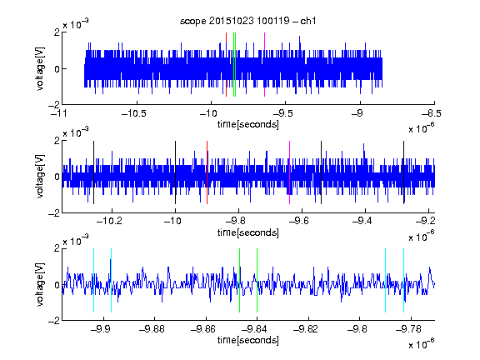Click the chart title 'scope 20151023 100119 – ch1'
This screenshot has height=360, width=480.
tap(247, 21)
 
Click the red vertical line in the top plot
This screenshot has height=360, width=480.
tap(226, 65)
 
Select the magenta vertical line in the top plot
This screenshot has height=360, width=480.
tap(264, 65)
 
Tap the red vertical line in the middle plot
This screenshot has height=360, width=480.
tap(207, 172)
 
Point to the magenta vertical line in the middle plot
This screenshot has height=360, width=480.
tap(290, 172)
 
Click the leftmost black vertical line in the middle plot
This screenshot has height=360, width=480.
tap(93, 172)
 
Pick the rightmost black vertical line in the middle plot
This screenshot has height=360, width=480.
tap(404, 172)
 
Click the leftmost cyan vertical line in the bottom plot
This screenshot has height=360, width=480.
tap(93, 280)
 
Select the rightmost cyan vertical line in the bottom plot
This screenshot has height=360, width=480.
tap(404, 280)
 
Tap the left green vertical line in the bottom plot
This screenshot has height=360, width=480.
tap(239, 280)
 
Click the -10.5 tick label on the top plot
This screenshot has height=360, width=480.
tap(134, 113)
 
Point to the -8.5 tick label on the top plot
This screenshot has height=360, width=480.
tap(432, 113)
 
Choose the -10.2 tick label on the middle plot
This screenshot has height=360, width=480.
tap(109, 221)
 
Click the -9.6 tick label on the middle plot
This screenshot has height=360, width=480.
tap(299, 221)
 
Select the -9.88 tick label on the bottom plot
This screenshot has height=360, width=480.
tap(152, 329)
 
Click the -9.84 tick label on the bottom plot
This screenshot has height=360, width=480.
tap(254, 329)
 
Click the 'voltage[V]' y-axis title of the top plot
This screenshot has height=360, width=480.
tap(40, 68)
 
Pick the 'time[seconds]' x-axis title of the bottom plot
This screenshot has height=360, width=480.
tap(248, 340)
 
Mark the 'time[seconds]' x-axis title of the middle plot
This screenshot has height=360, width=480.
tap(248, 232)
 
